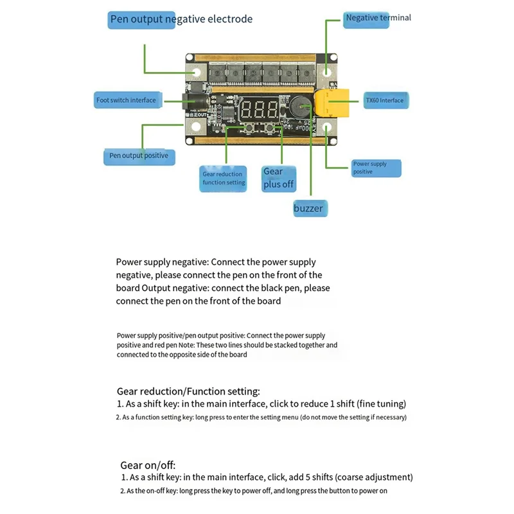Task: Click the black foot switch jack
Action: pos(191,102)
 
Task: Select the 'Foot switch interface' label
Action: pos(126,100)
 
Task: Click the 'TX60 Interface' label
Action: pos(384,100)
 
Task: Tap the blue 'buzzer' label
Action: pos(308,208)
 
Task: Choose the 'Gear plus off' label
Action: pos(278,178)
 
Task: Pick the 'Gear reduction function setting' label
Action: pos(224,178)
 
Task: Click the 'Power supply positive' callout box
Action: pos(377,168)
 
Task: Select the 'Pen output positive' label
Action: pos(139,155)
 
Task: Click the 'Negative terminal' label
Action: pos(378,18)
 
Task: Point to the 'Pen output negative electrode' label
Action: pos(181,19)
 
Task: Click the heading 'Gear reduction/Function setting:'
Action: pos(188,391)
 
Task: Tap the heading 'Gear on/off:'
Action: pos(148,465)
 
